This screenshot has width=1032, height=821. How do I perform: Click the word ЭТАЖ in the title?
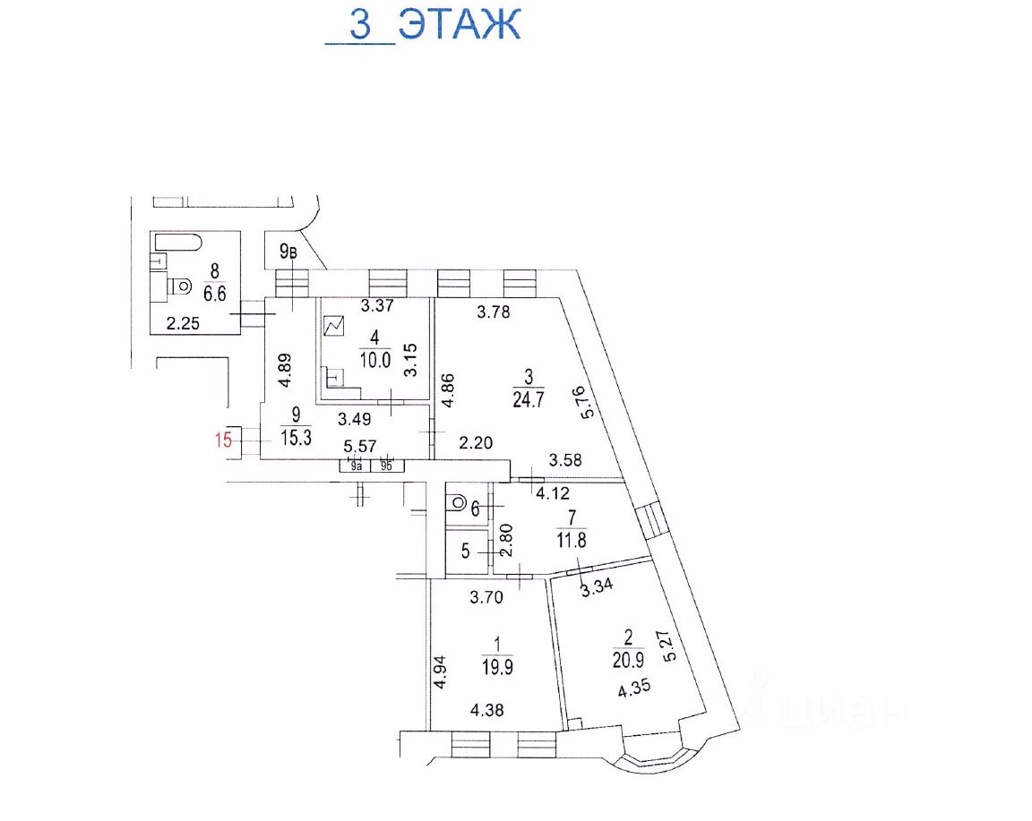coord(460,24)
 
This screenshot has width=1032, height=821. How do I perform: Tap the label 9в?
coord(288,252)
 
